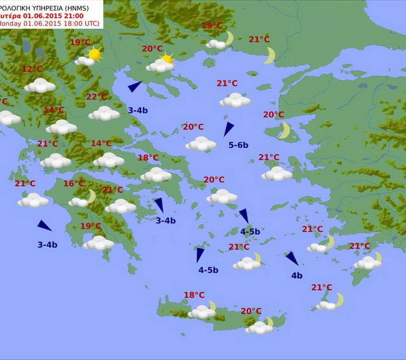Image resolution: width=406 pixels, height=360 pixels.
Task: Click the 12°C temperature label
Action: (x=32, y=69)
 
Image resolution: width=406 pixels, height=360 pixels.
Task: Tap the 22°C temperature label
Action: (x=97, y=97)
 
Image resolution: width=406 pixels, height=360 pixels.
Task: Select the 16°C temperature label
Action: (x=74, y=184)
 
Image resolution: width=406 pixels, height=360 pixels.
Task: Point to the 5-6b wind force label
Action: (x=238, y=145)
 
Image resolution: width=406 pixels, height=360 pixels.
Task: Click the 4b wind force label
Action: (x=297, y=276)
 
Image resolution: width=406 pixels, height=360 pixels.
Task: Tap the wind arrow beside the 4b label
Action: (x=292, y=258)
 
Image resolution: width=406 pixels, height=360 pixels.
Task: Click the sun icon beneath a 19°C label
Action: (x=94, y=53)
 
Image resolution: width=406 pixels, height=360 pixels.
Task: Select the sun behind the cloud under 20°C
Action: (x=167, y=59)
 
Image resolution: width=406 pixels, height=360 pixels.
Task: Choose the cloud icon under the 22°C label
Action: (x=104, y=113)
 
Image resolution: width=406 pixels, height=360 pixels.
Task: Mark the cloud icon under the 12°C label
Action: (x=40, y=86)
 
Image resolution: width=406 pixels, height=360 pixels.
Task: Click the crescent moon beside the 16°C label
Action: (x=91, y=197)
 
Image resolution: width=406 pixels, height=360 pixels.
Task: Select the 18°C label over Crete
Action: (x=194, y=295)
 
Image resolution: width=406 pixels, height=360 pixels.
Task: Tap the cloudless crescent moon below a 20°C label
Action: (x=284, y=131)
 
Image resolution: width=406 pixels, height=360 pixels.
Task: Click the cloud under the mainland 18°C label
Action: (x=156, y=174)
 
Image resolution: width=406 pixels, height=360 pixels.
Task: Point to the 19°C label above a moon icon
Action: (x=212, y=26)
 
